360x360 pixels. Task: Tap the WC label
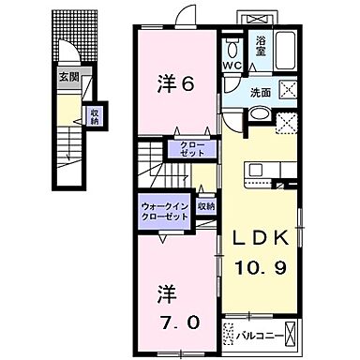pos(232,66)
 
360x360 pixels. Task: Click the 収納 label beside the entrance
pos(94,116)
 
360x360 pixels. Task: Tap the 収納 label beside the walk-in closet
pos(207,204)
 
